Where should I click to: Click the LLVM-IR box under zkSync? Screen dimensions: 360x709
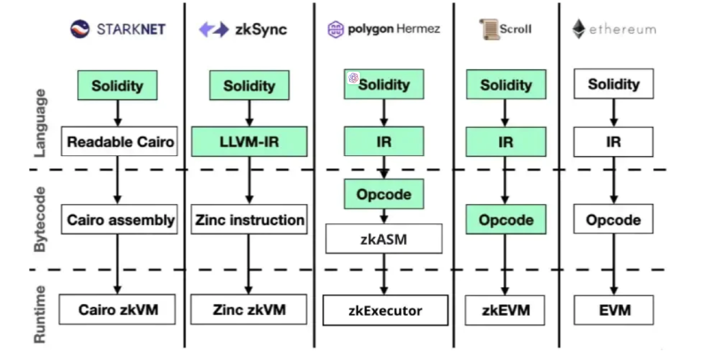point(249,141)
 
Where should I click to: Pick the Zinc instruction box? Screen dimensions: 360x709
point(249,219)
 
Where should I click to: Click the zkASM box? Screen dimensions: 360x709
point(383,238)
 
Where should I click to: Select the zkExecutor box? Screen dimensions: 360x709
point(383,310)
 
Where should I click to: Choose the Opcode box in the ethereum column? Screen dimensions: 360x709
point(613,219)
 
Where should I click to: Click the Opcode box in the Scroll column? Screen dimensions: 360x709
point(505,219)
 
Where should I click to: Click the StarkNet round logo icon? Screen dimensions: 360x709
point(82,28)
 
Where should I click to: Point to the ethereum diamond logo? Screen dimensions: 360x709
point(580,28)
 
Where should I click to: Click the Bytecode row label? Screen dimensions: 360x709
point(40,219)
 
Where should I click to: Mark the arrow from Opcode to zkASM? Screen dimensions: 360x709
point(383,215)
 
